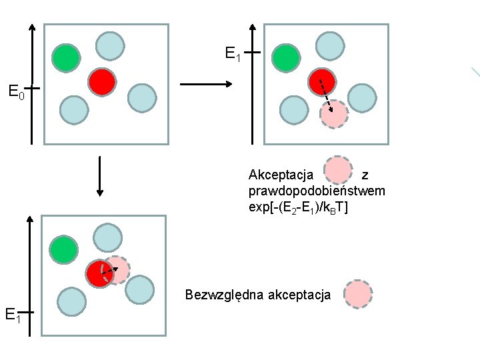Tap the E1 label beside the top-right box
click(233, 54)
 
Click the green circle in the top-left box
click(67, 59)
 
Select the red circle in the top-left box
click(102, 82)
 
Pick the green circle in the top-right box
click(287, 59)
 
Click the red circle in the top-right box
click(321, 81)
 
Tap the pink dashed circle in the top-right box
click(334, 115)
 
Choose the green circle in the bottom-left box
click(63, 251)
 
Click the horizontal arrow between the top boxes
click(205, 85)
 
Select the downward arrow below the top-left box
click(99, 176)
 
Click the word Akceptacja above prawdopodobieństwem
click(281, 175)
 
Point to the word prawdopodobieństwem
click(316, 191)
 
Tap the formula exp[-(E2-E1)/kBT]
click(297, 207)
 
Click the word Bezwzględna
click(225, 295)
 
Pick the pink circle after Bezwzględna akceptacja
click(359, 294)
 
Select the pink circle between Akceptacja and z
click(338, 170)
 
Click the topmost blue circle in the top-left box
click(110, 45)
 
